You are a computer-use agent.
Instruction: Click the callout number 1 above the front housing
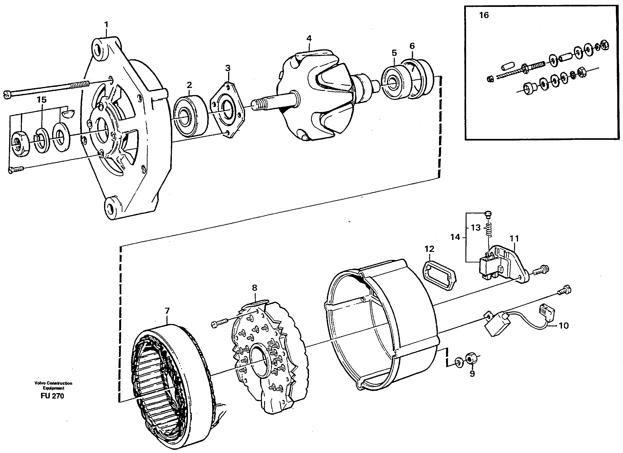(x=106, y=25)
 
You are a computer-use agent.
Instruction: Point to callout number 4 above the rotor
(x=309, y=38)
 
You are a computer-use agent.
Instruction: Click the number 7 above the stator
(x=167, y=311)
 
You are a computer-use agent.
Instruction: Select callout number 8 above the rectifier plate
(x=254, y=288)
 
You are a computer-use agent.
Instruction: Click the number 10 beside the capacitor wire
(x=564, y=326)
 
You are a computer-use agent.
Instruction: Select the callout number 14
(x=455, y=237)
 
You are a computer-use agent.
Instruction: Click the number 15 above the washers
(x=42, y=100)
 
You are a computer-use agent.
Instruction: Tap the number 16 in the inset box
(x=484, y=15)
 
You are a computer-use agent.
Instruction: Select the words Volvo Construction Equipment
(x=53, y=385)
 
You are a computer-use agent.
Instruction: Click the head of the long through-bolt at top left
(x=8, y=95)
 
